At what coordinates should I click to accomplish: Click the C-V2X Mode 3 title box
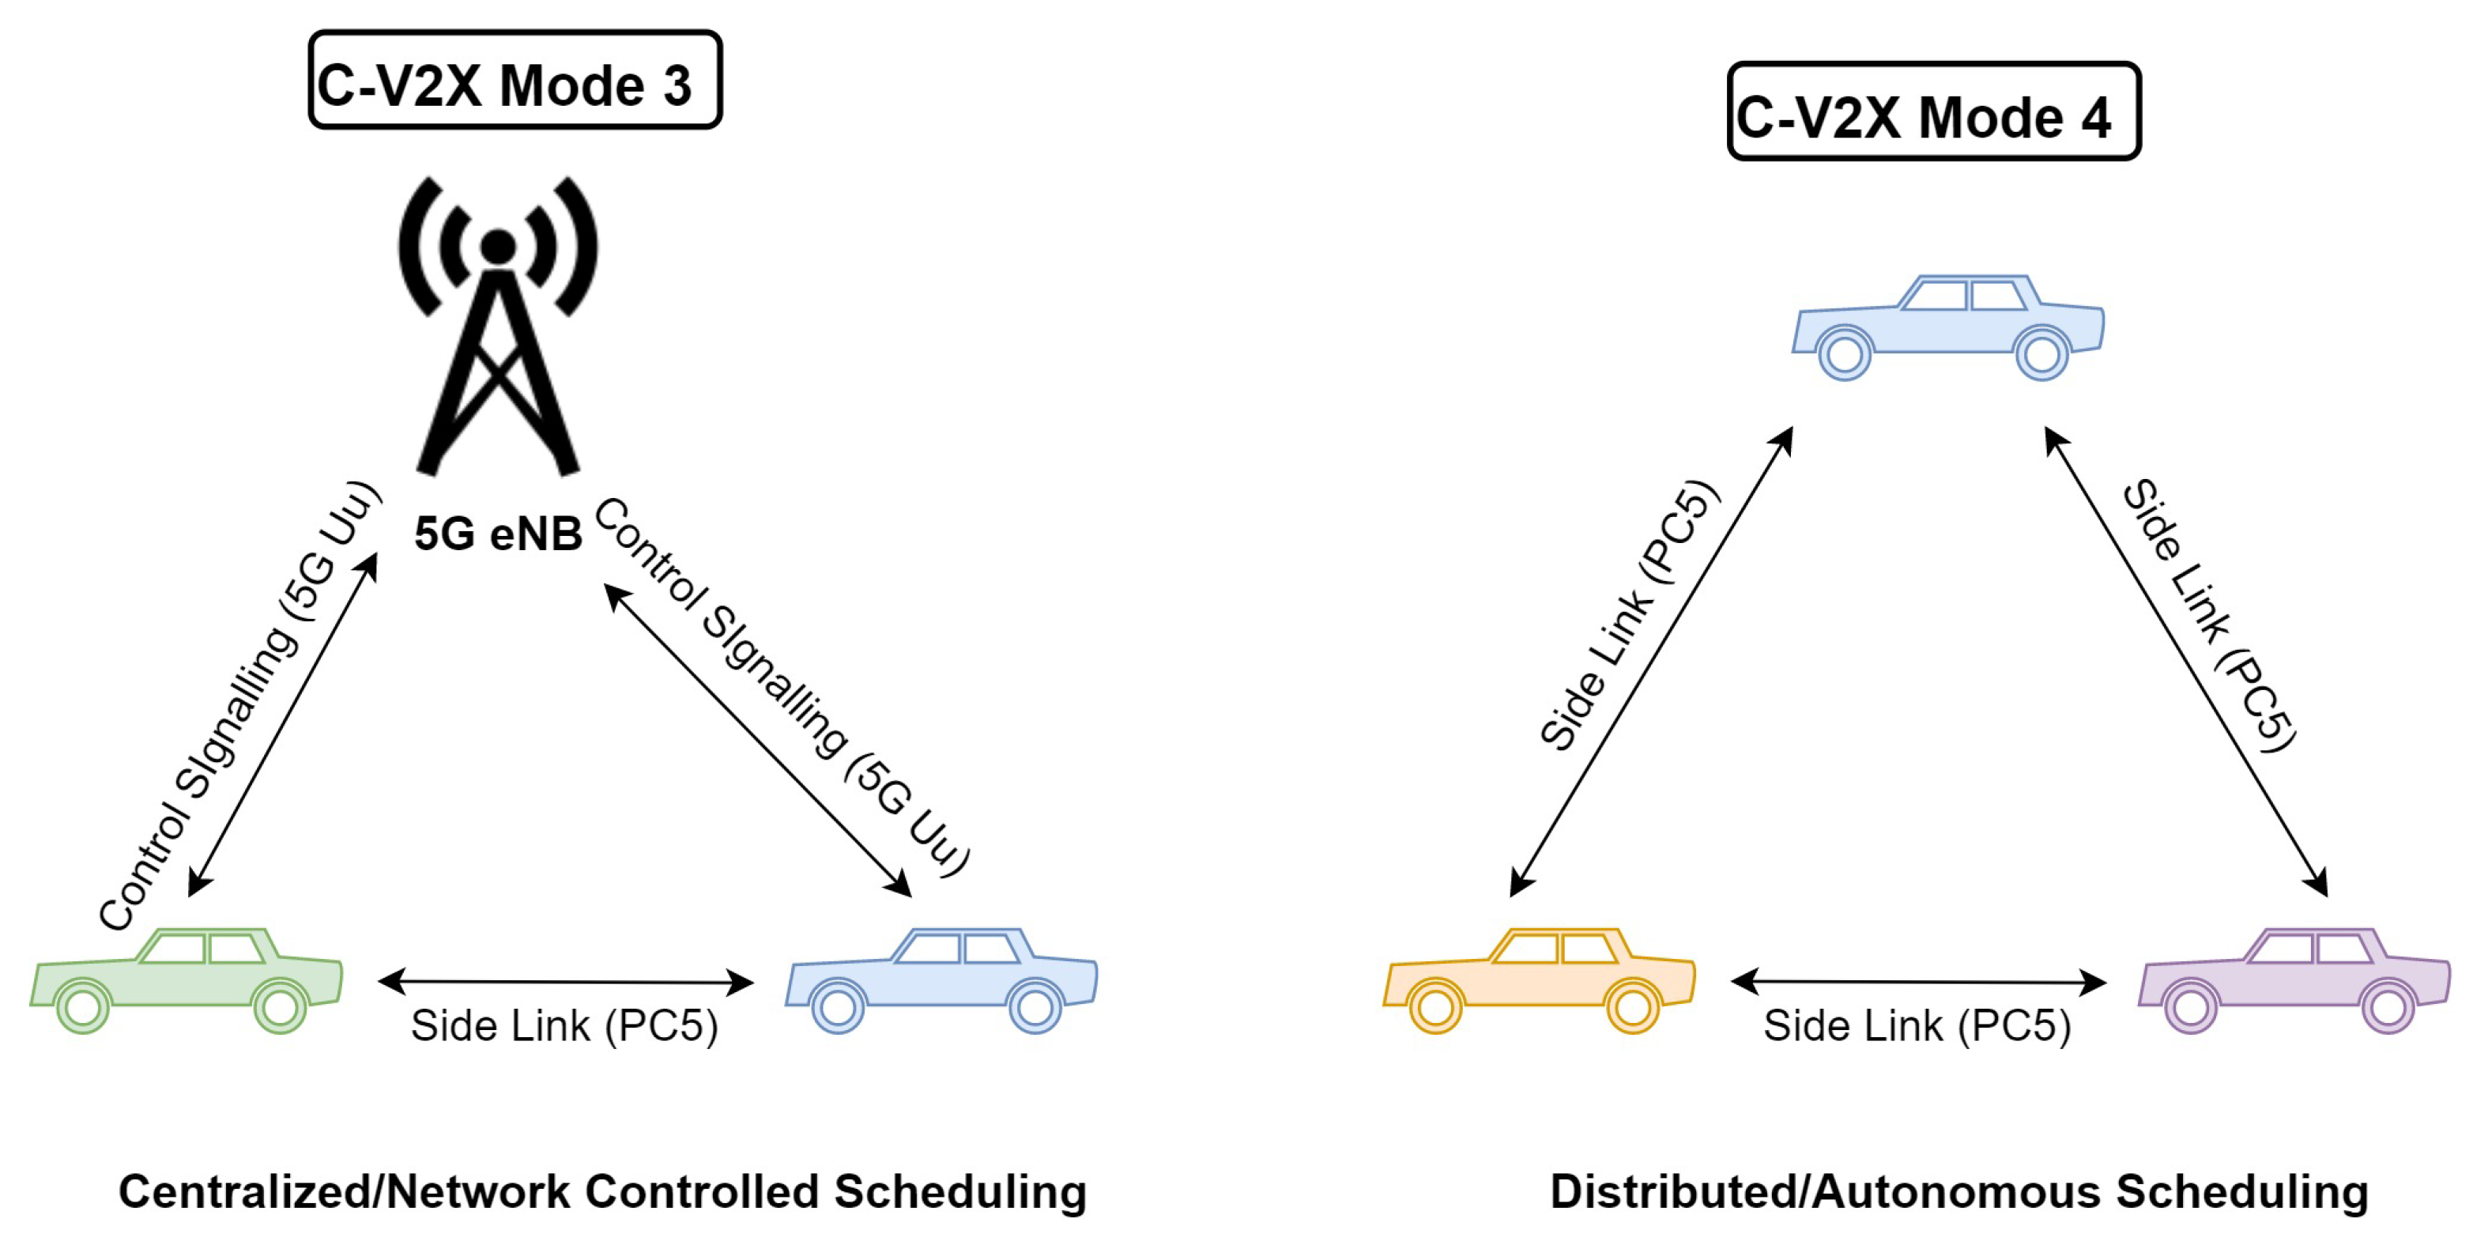point(515,81)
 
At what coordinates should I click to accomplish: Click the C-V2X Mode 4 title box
point(1932,112)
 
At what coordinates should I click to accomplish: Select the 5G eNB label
point(497,534)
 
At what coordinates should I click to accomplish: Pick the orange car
point(1539,979)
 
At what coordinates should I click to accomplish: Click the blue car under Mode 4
point(1949,326)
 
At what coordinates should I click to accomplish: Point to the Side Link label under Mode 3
point(564,1026)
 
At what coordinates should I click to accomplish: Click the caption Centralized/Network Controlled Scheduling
point(602,1191)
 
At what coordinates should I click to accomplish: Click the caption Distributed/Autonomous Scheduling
point(1958,1191)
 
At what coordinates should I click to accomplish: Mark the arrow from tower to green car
point(282,726)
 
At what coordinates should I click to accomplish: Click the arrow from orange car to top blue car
point(1651,662)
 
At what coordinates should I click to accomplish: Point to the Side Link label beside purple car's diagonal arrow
point(2208,614)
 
